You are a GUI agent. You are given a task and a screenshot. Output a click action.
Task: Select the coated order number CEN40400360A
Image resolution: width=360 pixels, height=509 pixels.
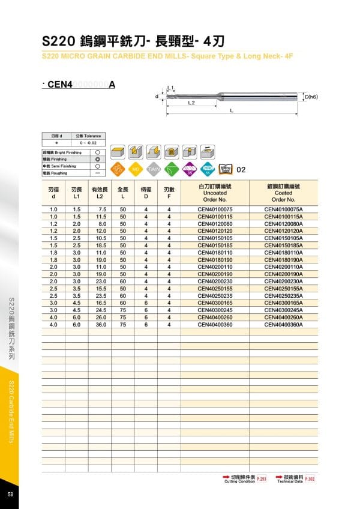[284, 324]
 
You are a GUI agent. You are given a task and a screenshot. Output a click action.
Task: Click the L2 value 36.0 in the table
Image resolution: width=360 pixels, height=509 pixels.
[100, 324]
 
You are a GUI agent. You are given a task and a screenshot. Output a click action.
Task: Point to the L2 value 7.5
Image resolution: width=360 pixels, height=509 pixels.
[101, 208]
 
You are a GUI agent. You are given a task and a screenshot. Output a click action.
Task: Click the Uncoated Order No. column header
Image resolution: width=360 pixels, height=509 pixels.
[215, 193]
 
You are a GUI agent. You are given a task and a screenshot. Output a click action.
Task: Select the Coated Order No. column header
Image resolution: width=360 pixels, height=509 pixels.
[284, 193]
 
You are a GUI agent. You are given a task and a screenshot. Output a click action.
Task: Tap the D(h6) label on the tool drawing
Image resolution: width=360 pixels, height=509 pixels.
[311, 97]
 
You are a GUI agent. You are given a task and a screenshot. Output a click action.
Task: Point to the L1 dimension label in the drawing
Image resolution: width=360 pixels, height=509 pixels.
[171, 88]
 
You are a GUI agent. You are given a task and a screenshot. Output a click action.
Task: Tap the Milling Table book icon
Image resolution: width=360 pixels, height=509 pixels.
[226, 169]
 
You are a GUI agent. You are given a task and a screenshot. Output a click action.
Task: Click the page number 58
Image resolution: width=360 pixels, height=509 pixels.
[11, 494]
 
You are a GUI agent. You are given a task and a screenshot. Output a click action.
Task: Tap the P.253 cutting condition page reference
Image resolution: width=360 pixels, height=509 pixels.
[261, 479]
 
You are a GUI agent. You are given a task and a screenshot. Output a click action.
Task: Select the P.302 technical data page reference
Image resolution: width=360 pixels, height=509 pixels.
[310, 479]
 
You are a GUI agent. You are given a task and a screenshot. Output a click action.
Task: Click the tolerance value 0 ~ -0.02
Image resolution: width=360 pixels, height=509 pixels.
[86, 143]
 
